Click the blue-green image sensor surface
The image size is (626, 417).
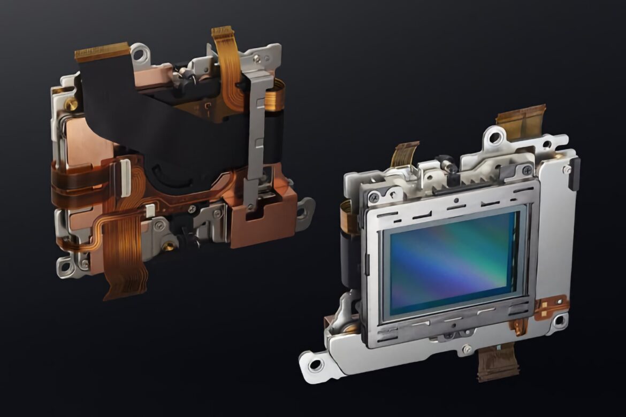tap(452, 262)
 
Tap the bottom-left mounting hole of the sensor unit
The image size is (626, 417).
tap(315, 365)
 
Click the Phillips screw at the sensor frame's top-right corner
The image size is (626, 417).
tap(526, 170)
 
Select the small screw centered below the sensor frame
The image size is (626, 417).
tap(467, 349)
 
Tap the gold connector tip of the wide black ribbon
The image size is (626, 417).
tap(102, 52)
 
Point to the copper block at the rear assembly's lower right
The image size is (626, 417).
tap(262, 219)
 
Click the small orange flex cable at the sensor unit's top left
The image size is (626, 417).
tap(406, 152)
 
